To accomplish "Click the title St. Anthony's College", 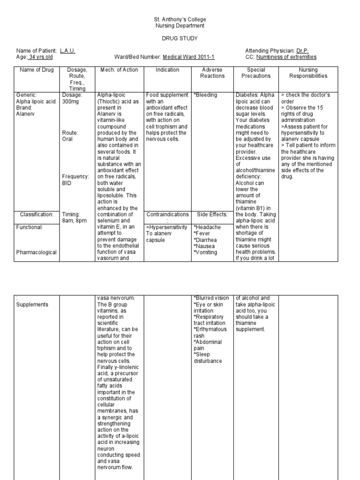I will pyautogui.click(x=180, y=20).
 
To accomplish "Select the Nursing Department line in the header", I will pyautogui.click(x=180, y=26).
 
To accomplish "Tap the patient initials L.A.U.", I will pyautogui.click(x=67, y=51).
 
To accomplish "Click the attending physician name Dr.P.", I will pyautogui.click(x=302, y=51).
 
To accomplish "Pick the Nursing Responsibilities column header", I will pyautogui.click(x=308, y=73).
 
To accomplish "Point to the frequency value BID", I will pyautogui.click(x=67, y=183).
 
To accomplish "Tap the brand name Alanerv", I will pyautogui.click(x=26, y=114).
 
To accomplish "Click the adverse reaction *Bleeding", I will pyautogui.click(x=205, y=95).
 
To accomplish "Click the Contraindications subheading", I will pyautogui.click(x=167, y=214).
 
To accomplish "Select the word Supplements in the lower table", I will pyautogui.click(x=32, y=305).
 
